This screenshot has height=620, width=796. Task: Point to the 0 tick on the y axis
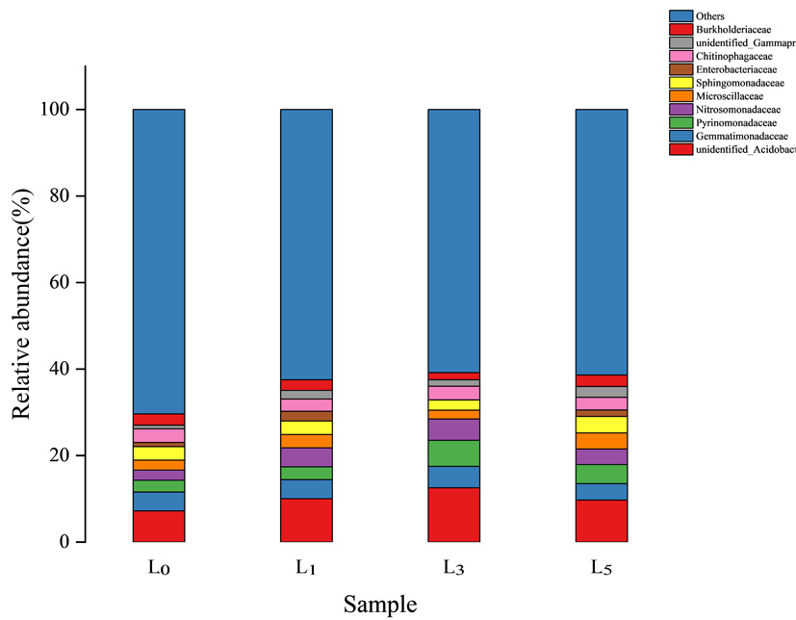coord(64,542)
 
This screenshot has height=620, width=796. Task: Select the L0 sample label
coord(159,568)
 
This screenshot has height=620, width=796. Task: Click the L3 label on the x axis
coord(453,568)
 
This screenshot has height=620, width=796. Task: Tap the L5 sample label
coord(602,568)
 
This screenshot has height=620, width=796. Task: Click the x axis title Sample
coord(380,605)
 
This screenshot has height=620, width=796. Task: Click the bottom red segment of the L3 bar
coord(453,515)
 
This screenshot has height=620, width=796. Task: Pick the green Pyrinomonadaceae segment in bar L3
coord(453,452)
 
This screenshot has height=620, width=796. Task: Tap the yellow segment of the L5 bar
coord(602,425)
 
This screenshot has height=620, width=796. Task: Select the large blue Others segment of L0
coord(159,260)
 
